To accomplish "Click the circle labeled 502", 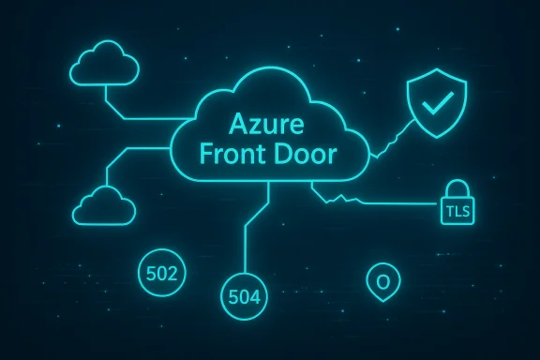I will point(163,274).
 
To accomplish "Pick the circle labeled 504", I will point(247,298).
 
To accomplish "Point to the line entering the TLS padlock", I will point(403,202).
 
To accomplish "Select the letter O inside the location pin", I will point(382,280).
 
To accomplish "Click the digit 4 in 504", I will point(259,298).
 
